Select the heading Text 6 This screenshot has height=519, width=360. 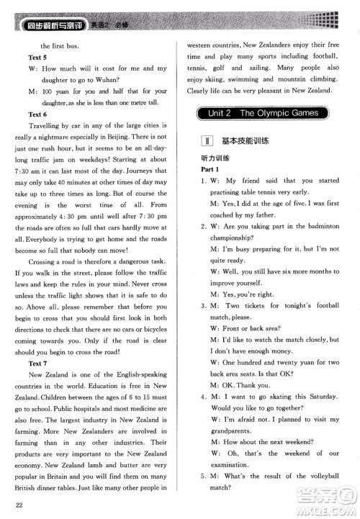coord(39,114)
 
